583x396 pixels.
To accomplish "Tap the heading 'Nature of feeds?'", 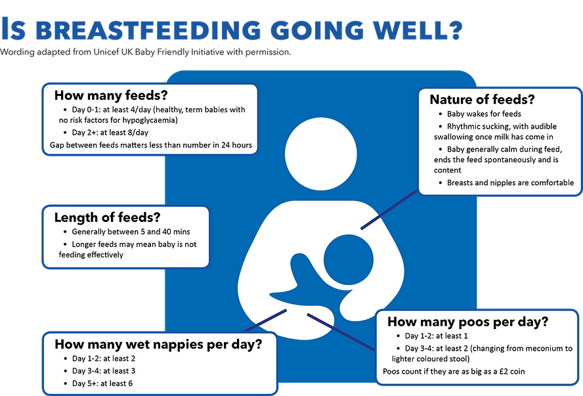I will tap(482, 100).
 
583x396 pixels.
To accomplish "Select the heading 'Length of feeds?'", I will tap(107, 217).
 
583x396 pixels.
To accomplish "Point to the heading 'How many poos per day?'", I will tap(468, 322).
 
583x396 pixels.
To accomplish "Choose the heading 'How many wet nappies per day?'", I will tap(158, 343).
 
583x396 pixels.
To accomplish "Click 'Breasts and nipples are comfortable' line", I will tap(510, 183).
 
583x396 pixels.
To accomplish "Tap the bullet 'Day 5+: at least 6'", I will tap(109, 383).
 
